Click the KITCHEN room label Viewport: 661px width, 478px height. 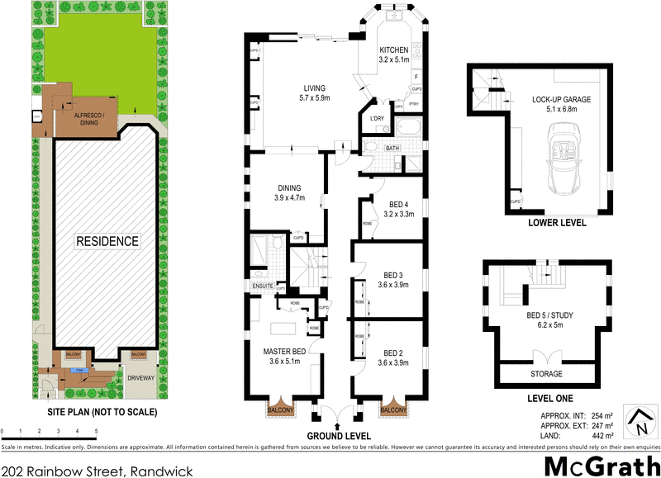click(394, 54)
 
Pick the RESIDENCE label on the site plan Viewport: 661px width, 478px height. click(108, 242)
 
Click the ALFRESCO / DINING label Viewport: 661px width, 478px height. click(93, 118)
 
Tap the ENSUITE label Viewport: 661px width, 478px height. click(263, 286)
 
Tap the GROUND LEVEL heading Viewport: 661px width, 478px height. click(339, 435)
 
